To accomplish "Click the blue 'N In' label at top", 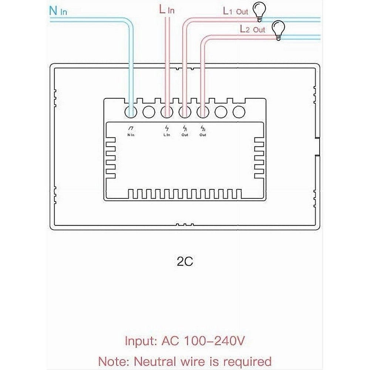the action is pos(58,11).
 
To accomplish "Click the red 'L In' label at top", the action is pos(166,10).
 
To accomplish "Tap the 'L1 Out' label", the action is pos(235,11).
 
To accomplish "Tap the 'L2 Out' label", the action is pos(252,29).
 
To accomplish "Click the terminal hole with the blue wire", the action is pos(131,112).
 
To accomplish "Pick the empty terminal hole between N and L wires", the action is pos(149,112).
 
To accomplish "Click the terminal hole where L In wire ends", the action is pos(167,112).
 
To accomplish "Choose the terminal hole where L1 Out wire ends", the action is pos(185,112).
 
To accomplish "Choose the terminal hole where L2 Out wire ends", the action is pos(203,112).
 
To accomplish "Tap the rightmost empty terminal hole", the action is pos(239,112).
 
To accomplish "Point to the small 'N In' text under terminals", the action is pos(131,135).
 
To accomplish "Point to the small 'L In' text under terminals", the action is pos(166,135).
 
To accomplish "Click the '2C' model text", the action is pos(185,262).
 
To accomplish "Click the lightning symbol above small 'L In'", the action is pos(167,129).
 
